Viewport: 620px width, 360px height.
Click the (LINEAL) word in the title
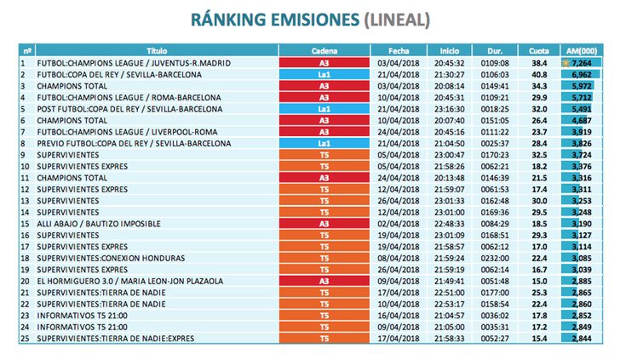click(x=396, y=19)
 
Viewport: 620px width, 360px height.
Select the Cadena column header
click(x=323, y=51)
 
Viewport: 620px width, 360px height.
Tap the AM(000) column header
click(x=579, y=51)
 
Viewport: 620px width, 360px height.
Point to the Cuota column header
click(x=538, y=51)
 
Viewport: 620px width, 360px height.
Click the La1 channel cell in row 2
click(x=323, y=75)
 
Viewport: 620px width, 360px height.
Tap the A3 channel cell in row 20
click(x=323, y=279)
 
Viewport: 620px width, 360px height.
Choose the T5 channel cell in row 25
click(x=323, y=338)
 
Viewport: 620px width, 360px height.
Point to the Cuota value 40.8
click(x=538, y=75)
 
